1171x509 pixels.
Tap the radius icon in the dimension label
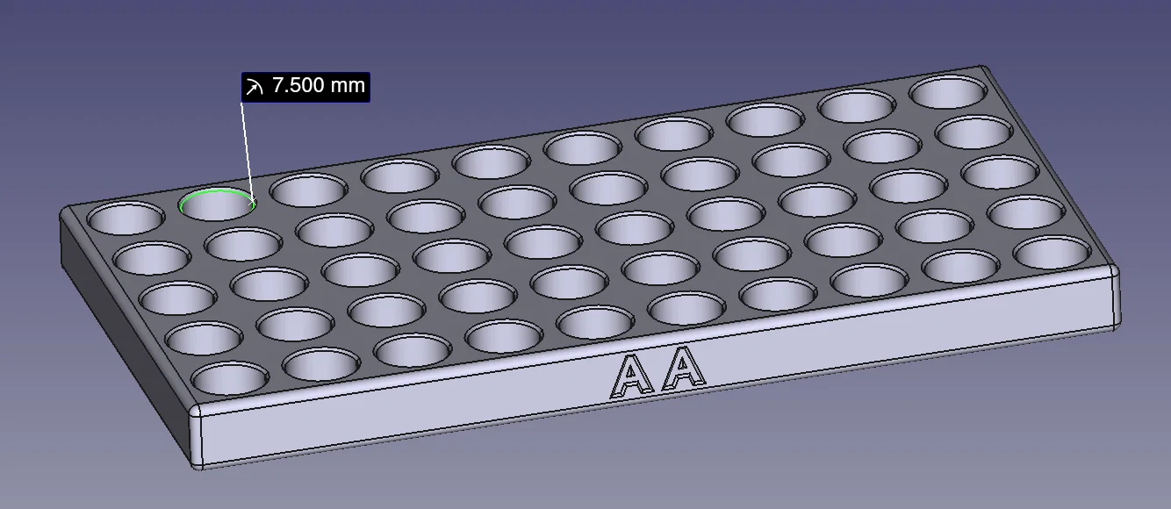pos(255,87)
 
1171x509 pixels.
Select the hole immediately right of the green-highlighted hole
pos(308,190)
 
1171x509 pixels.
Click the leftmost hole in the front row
pos(229,379)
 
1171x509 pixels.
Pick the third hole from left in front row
pos(413,349)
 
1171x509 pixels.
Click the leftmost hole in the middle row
pos(177,298)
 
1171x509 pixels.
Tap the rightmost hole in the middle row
pos(1000,171)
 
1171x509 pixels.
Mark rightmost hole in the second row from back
pos(973,133)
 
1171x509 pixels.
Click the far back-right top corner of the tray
pos(987,69)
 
